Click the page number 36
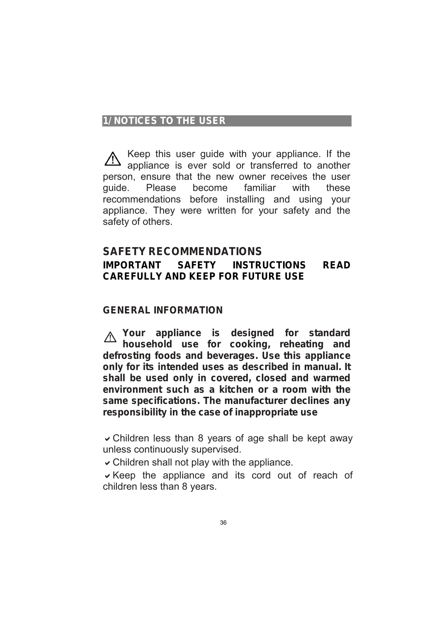click(x=223, y=523)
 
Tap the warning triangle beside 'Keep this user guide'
click(x=113, y=159)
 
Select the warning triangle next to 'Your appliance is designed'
click(x=110, y=337)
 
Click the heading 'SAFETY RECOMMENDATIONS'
click(x=182, y=251)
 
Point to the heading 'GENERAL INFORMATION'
click(x=163, y=310)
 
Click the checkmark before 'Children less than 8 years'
click(x=107, y=439)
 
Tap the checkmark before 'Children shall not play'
click(x=107, y=463)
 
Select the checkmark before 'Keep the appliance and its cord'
click(x=107, y=476)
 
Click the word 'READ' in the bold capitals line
click(x=336, y=266)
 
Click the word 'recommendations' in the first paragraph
click(x=142, y=199)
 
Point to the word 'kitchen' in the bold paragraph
click(x=236, y=390)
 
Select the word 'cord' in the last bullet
click(x=261, y=476)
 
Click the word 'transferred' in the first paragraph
click(x=274, y=165)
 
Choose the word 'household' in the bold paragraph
click(x=147, y=344)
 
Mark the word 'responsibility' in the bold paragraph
click(x=135, y=413)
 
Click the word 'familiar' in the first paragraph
click(x=260, y=188)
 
